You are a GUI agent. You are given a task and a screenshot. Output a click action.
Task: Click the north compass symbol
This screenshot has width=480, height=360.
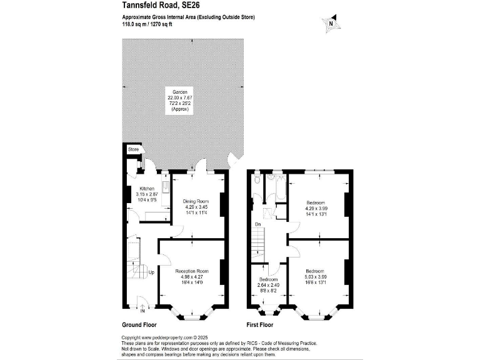(x=331, y=24)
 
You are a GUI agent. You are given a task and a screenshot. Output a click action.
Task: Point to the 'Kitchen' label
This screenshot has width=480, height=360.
(x=147, y=188)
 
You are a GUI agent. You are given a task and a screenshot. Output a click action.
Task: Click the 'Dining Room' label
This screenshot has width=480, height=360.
(x=196, y=201)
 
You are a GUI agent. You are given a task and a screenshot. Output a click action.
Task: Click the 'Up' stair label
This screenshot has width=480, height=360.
(x=151, y=272)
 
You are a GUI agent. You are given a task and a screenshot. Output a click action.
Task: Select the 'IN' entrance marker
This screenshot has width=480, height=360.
(x=143, y=311)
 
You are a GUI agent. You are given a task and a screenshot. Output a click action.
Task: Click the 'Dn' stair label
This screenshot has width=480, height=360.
(x=257, y=224)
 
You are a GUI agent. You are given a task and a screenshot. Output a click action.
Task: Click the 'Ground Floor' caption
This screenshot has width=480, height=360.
(x=139, y=325)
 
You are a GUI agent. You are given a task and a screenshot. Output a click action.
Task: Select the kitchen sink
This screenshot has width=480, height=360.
(x=165, y=187)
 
